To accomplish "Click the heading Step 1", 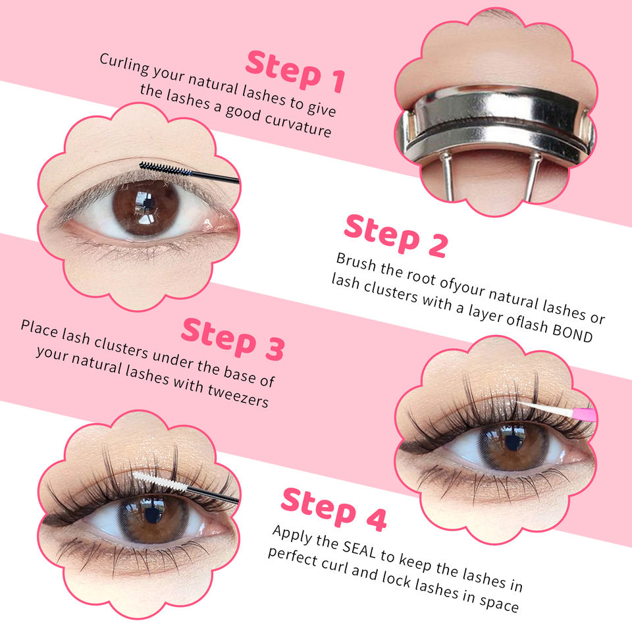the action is click(296, 71).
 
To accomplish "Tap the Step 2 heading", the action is click(396, 236).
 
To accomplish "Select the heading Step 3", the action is click(233, 338).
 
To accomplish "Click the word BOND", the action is click(572, 333).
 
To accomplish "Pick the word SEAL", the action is click(359, 549).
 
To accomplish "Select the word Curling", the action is click(124, 64).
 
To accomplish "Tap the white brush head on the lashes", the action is click(159, 481).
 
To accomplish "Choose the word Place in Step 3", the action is click(39, 328).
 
